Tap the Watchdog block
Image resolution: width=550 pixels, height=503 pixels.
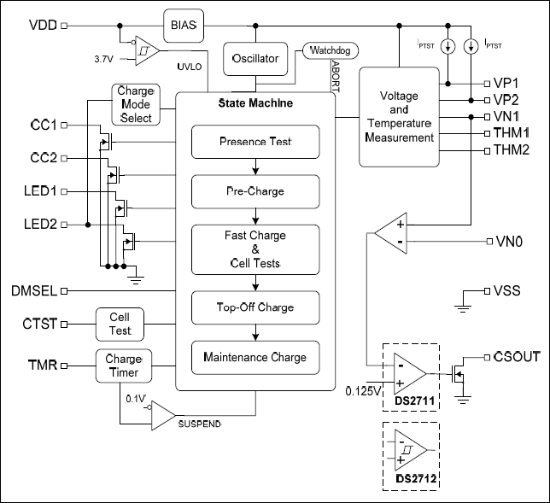[330, 52]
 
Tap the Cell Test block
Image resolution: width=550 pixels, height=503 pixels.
[119, 324]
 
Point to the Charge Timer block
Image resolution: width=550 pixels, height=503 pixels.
[119, 366]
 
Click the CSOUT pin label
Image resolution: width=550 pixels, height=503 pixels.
[516, 356]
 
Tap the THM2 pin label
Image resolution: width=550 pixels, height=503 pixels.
[512, 150]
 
